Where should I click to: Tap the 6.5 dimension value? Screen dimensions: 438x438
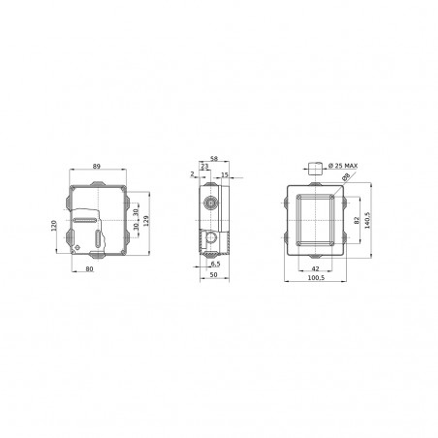(x=213, y=264)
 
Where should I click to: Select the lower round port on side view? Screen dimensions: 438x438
(x=208, y=235)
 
